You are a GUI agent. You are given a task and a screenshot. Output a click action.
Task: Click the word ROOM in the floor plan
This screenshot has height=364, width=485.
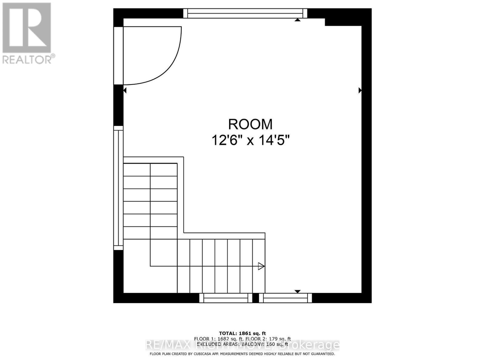click(250, 124)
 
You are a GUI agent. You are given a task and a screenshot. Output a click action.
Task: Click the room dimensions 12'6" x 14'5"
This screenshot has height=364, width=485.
click(250, 140)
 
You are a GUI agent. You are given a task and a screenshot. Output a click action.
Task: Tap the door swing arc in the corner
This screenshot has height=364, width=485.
click(170, 67)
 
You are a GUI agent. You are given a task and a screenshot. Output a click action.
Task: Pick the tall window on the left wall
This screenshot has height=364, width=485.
click(118, 188)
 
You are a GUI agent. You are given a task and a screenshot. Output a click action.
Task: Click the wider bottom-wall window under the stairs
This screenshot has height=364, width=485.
click(226, 298)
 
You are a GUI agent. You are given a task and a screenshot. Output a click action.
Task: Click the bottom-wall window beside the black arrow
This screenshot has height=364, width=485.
click(285, 298)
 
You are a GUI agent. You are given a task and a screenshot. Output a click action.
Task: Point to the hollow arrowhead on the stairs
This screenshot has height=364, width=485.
click(261, 266)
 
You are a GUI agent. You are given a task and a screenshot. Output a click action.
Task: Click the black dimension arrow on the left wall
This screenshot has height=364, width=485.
click(125, 90)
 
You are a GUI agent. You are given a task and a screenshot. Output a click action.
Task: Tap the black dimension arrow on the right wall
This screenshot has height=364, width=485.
click(360, 90)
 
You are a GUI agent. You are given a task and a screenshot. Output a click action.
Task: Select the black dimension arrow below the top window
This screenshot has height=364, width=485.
click(298, 20)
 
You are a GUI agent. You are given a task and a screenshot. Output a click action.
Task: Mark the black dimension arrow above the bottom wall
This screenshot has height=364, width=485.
click(297, 291)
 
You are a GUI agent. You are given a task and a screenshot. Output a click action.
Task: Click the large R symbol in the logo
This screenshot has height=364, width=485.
click(27, 27)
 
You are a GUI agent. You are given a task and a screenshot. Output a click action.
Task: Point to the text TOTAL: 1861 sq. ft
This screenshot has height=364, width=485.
click(242, 333)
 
